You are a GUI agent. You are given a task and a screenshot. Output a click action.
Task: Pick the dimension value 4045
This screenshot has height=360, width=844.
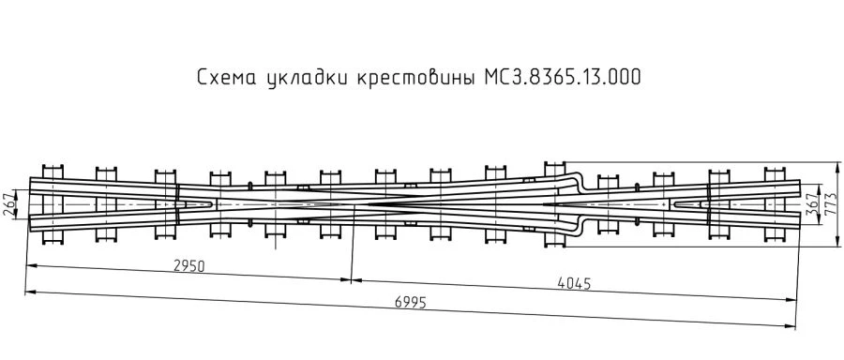tap(573, 282)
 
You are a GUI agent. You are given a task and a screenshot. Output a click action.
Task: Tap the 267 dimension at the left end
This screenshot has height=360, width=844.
tap(11, 204)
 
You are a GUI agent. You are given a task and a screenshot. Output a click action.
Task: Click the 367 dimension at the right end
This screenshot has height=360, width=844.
tap(812, 204)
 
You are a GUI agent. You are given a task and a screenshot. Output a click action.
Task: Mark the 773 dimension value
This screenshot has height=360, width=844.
tap(829, 204)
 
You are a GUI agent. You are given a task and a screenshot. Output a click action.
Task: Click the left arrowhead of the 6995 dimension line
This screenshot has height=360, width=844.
tap(28, 292)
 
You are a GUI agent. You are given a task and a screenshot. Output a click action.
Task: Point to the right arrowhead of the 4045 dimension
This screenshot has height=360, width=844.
tap(791, 299)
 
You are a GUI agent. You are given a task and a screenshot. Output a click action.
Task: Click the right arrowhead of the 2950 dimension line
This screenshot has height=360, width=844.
tap(348, 278)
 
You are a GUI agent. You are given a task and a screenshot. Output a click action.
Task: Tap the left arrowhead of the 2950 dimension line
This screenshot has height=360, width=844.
tap(28, 265)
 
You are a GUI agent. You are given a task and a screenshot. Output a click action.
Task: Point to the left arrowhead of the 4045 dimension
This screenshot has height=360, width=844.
tap(355, 278)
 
